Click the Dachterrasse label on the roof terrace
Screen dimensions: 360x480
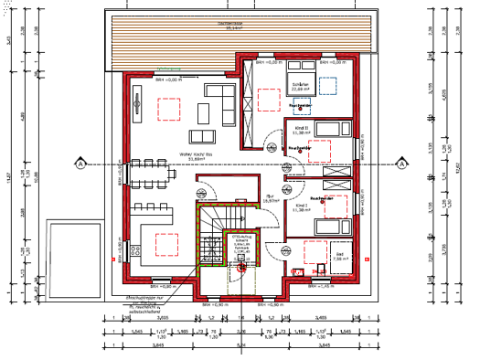coord(242,25)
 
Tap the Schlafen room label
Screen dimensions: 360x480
coord(303,87)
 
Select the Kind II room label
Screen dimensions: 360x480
coord(302,130)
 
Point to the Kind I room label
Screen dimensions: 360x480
coord(302,209)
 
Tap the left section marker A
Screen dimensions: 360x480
coord(81,164)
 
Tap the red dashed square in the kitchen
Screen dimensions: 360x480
coord(166,244)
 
